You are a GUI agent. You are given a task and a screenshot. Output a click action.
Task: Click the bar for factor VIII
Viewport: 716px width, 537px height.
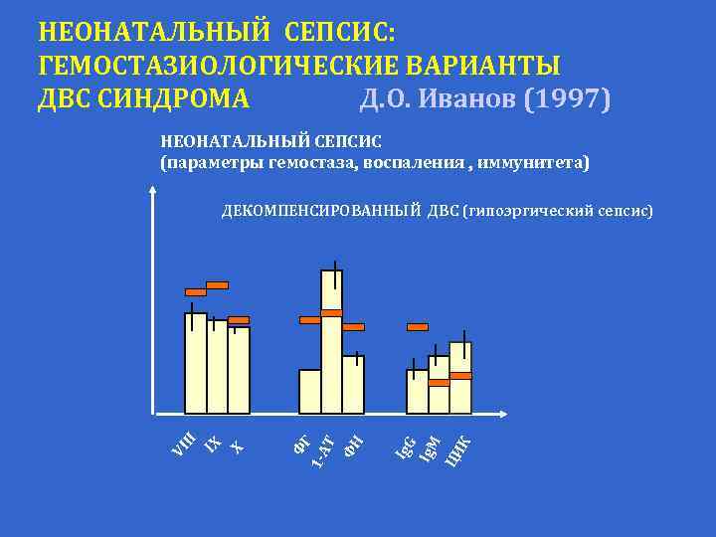[196, 363]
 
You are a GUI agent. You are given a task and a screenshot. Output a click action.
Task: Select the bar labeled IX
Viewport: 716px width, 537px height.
[217, 366]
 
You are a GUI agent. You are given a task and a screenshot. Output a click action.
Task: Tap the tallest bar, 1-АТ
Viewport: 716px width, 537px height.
[331, 343]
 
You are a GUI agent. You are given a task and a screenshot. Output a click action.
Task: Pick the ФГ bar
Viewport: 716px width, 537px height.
[310, 391]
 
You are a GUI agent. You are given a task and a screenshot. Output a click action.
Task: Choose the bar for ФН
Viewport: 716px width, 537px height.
[353, 385]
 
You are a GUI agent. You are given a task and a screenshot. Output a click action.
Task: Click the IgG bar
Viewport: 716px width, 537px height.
[417, 391]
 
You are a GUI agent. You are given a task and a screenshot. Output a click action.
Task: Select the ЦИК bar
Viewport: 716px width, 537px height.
[460, 378]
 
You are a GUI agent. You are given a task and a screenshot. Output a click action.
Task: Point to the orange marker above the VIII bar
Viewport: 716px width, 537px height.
[196, 292]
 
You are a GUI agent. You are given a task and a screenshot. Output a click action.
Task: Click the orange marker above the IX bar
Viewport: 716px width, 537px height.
[217, 285]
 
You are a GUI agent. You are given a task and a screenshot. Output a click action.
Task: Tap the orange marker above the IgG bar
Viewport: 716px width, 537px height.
[418, 326]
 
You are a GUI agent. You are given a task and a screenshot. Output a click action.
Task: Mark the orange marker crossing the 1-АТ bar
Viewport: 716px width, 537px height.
[331, 313]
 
